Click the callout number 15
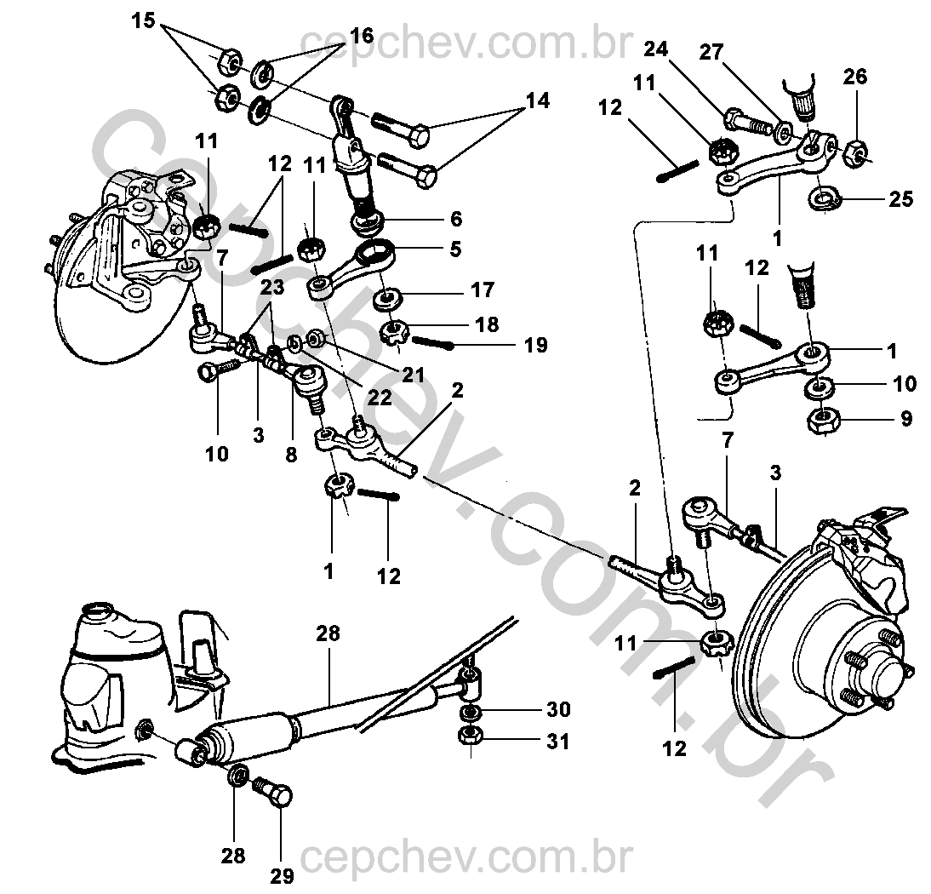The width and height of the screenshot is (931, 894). click(x=143, y=21)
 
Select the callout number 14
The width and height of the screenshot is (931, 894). click(x=538, y=100)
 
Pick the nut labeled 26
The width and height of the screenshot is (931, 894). click(x=855, y=152)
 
